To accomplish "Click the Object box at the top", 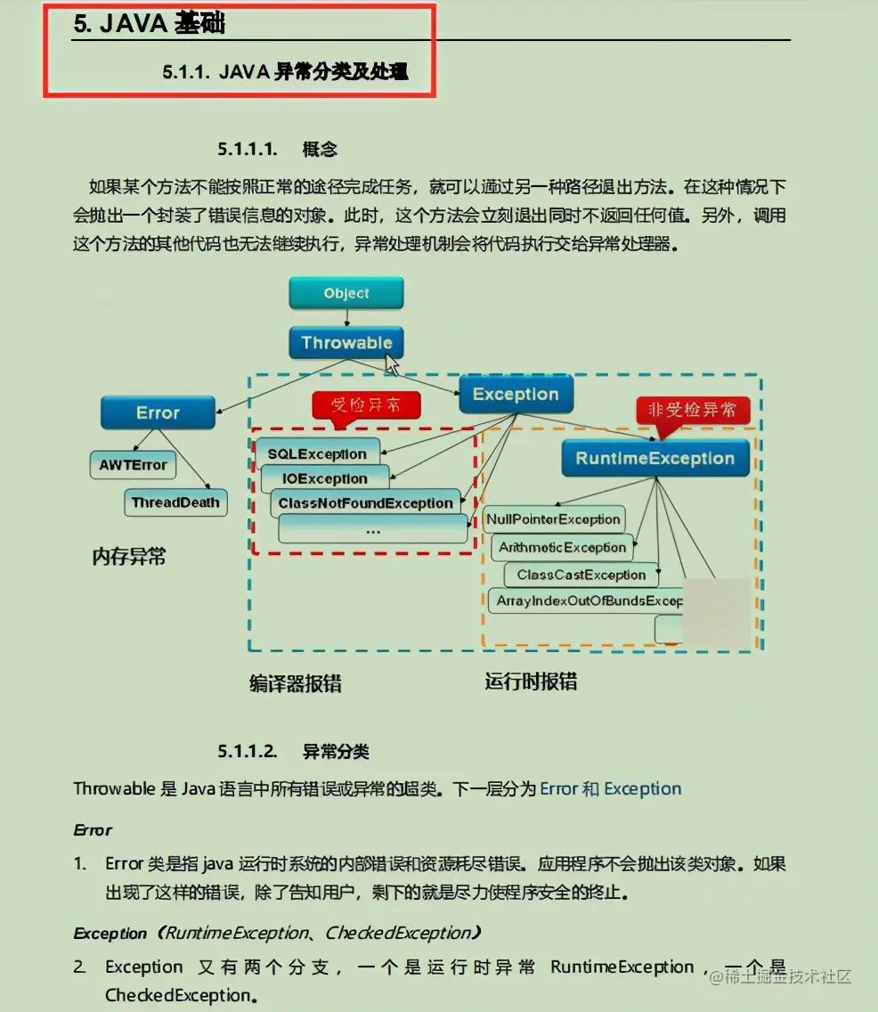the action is (346, 293).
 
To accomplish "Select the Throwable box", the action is (346, 343).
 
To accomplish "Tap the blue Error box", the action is (158, 412).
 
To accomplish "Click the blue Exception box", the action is (516, 395).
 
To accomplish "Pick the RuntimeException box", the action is (655, 459).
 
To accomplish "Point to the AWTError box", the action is (133, 464).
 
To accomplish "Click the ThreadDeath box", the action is (175, 502).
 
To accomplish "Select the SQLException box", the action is (317, 453).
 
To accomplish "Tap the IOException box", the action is (325, 478).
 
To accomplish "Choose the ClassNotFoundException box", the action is (366, 503).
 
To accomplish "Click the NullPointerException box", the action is (553, 519).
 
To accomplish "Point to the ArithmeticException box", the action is (563, 547).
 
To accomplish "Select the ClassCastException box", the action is (581, 575).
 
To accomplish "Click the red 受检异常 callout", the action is (365, 405).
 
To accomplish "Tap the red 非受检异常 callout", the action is (693, 410).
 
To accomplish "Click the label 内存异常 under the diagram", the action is (129, 558).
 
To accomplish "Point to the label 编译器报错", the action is (296, 683).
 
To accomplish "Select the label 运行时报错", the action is (531, 681).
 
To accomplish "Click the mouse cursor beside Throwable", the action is (392, 364).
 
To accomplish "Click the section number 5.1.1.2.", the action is (248, 751).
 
